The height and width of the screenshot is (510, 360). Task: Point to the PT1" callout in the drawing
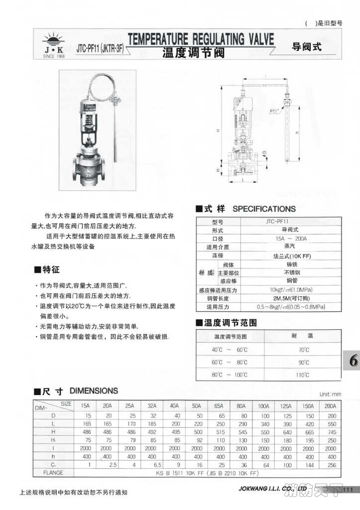pos(274,112)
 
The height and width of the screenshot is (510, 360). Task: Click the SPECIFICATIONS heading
pos(264,209)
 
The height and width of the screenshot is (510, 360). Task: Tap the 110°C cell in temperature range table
pos(303,375)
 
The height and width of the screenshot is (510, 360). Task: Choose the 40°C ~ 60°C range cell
pos(230,350)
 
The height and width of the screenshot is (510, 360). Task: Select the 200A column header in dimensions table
pos(331,405)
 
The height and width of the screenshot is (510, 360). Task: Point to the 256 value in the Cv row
pos(331,465)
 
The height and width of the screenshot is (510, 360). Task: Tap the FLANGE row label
pos(53,473)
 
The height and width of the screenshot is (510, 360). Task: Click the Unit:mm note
pos(331,394)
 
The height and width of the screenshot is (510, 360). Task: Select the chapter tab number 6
pos(353,362)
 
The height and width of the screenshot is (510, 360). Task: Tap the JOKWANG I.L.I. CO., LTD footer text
pos(273,490)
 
